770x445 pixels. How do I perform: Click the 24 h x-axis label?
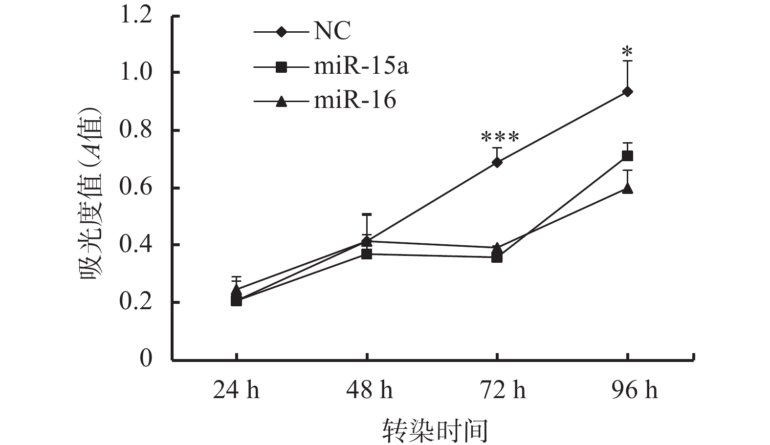(236, 391)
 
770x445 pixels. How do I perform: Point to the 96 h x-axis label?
(634, 391)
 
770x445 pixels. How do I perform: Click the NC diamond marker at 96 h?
(627, 91)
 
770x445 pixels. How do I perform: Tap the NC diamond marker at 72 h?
(497, 162)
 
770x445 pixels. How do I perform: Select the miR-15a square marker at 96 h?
(627, 156)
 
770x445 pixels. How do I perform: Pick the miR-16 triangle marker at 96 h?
(627, 188)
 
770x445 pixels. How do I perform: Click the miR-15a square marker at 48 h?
(367, 254)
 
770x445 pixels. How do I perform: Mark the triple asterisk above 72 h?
(499, 137)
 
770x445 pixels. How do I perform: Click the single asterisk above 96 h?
(627, 51)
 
